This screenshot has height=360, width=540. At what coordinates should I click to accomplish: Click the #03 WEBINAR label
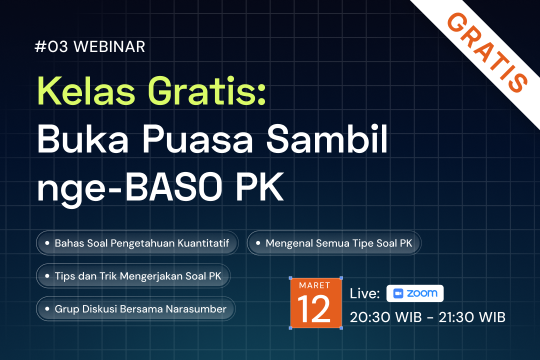coord(90,46)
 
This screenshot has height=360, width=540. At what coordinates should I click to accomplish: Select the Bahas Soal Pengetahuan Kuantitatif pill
coord(137,243)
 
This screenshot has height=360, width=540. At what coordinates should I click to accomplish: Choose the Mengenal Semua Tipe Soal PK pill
coord(334,243)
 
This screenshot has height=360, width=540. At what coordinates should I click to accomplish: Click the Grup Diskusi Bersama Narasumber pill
coord(135,309)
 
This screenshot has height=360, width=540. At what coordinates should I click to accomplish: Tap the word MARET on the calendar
coord(315,285)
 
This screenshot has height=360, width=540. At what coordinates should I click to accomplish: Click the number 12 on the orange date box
coord(315,309)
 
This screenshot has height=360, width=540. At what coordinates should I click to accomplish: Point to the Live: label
coord(364,293)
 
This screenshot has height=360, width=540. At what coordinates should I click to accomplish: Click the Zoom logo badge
coord(415,293)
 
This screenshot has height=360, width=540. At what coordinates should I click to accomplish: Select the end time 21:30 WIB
coord(472,317)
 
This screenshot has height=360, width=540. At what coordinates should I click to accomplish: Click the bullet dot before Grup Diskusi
coord(47,309)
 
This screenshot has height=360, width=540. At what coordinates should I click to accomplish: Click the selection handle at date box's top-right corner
coord(341,278)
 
